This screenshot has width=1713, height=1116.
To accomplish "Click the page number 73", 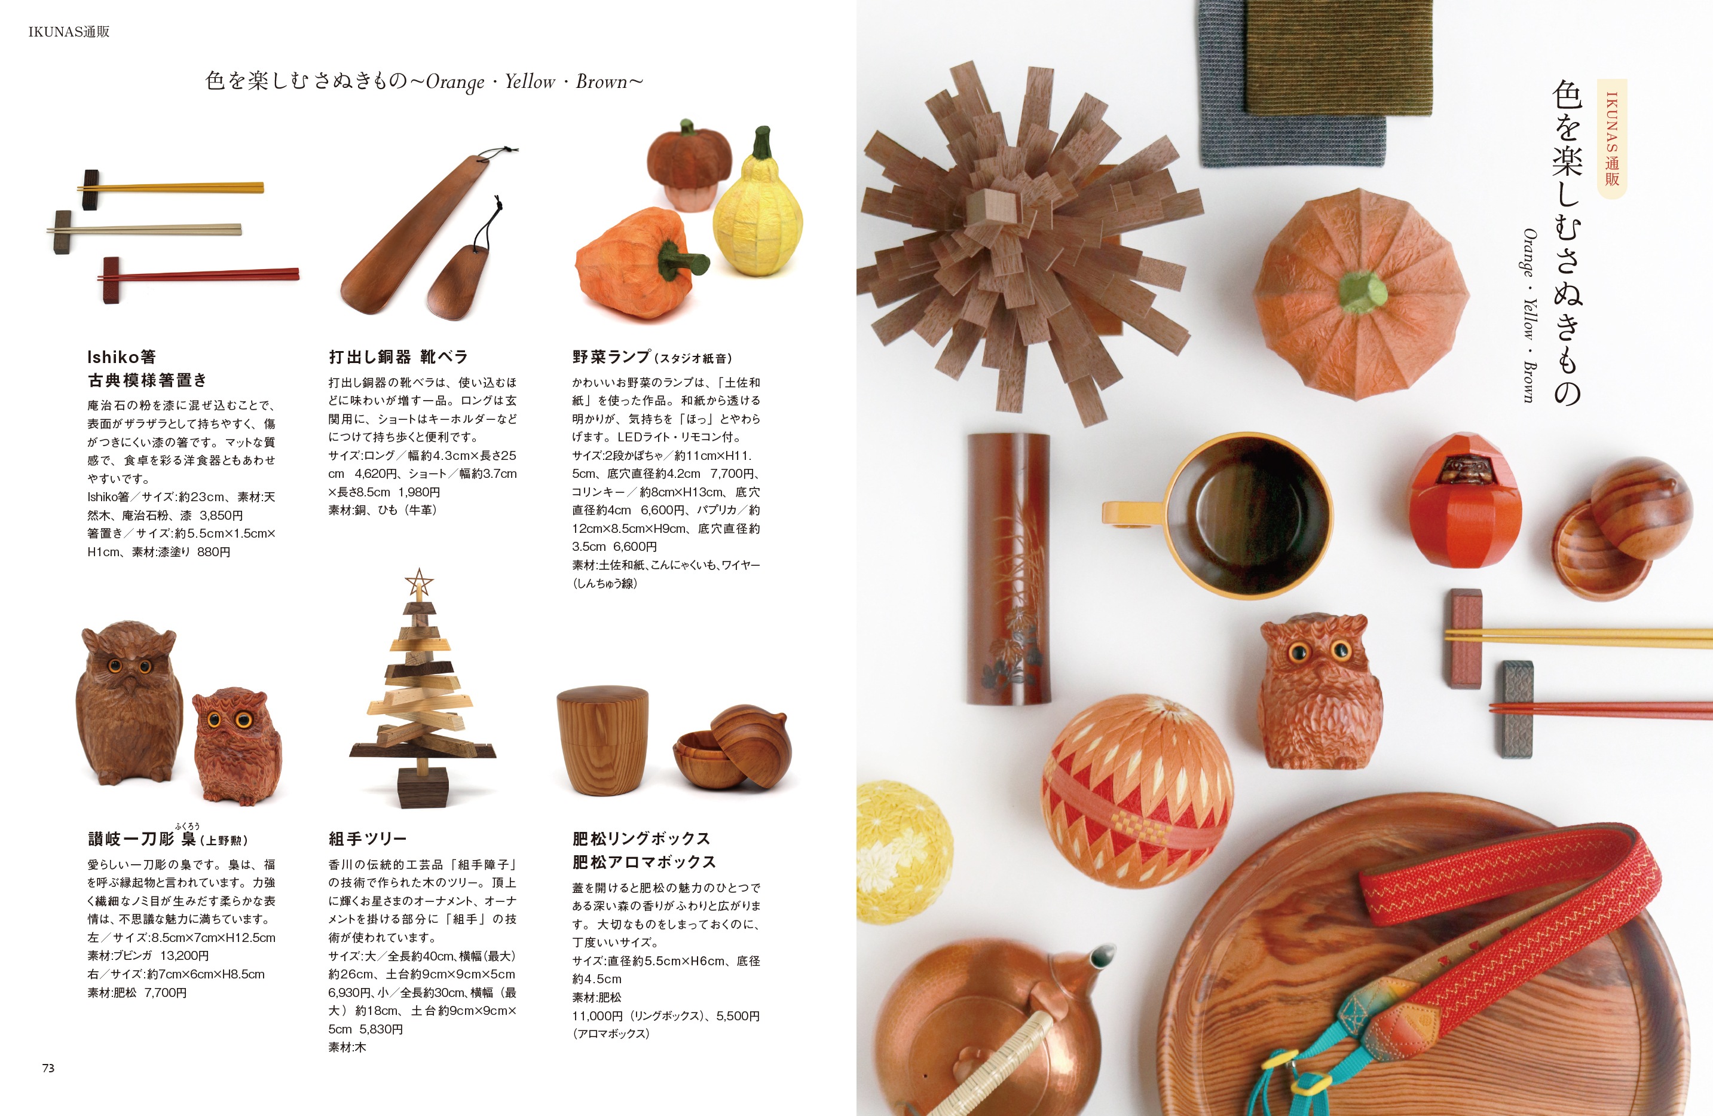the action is [48, 1068].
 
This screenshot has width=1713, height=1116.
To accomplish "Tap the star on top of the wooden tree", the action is [418, 582].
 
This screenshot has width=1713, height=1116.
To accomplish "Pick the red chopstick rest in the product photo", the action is [111, 279].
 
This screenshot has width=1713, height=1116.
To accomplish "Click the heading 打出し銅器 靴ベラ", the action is [398, 357].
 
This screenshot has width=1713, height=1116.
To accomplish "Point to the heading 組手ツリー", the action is [367, 839].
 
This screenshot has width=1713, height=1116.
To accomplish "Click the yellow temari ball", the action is [903, 843].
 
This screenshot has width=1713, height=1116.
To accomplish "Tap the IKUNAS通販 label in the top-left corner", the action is [69, 32].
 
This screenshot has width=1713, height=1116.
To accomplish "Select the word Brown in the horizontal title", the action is [602, 82].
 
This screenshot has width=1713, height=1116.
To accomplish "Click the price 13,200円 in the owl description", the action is [184, 956].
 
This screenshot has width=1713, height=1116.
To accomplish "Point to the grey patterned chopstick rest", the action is [1517, 709].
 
